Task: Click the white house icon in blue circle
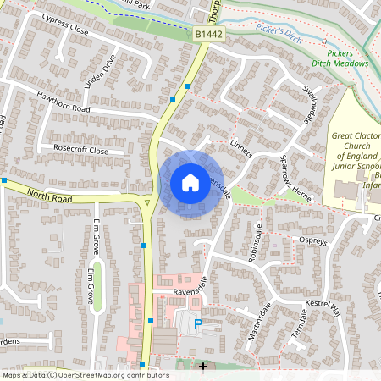190,183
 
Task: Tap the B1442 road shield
207,34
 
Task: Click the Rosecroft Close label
81,150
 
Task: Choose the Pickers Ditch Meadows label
352,58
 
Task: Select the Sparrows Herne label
306,168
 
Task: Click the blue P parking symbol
198,323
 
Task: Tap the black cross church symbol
202,366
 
